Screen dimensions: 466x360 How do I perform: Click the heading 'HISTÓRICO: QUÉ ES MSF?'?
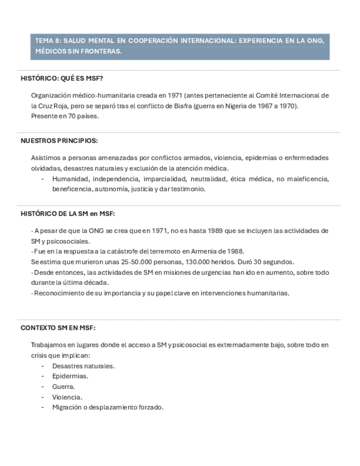[62, 78]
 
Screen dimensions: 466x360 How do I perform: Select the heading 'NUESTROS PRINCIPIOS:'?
[59, 141]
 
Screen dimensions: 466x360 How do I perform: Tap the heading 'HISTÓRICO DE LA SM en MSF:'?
[68, 214]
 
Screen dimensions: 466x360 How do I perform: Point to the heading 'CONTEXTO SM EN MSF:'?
[58, 328]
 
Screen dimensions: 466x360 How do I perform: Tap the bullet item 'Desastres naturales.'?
[83, 365]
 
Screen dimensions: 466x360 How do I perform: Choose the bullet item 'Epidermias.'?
[70, 376]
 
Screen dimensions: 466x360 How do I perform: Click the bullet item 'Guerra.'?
[64, 386]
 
